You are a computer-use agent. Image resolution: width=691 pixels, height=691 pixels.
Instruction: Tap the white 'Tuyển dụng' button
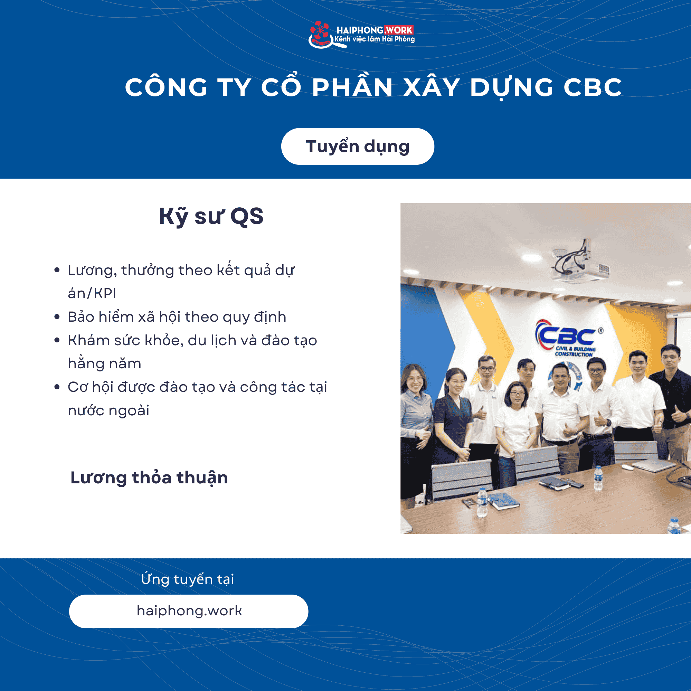coord(357,146)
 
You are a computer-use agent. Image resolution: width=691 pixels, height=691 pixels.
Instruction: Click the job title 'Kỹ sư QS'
coord(211,216)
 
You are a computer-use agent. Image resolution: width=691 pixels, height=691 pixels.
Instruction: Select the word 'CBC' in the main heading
coord(592,87)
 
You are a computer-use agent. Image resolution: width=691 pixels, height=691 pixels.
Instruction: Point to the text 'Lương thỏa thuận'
coord(149,477)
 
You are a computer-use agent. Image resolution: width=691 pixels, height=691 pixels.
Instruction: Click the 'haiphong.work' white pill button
coord(189,611)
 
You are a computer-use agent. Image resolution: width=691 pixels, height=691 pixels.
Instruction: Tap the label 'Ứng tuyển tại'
coord(187,579)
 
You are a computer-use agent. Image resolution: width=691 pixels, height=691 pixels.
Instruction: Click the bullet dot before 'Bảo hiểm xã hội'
coord(57,317)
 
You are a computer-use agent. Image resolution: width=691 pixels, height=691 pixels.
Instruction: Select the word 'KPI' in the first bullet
coord(105,293)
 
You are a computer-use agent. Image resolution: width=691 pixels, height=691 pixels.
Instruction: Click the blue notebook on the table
coord(504,500)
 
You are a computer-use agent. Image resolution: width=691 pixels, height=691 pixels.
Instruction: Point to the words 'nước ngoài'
coord(108,410)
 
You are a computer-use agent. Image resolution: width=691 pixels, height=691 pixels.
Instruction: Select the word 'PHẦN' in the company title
coord(352,87)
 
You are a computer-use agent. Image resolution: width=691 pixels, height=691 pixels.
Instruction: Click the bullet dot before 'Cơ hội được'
coord(57,387)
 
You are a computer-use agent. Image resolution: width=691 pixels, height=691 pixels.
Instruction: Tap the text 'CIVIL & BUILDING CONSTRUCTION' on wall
coord(575,351)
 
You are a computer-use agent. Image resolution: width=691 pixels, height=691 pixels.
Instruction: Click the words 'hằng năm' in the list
coord(104,364)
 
